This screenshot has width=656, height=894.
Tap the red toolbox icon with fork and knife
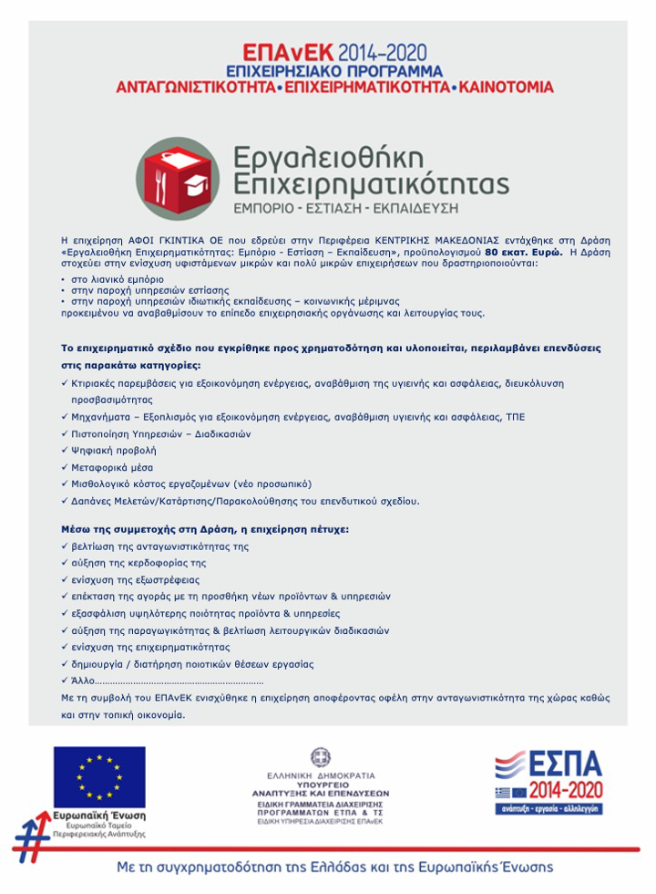(179, 179)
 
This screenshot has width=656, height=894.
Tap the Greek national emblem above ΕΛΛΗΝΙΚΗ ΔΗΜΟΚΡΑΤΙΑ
(320, 758)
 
